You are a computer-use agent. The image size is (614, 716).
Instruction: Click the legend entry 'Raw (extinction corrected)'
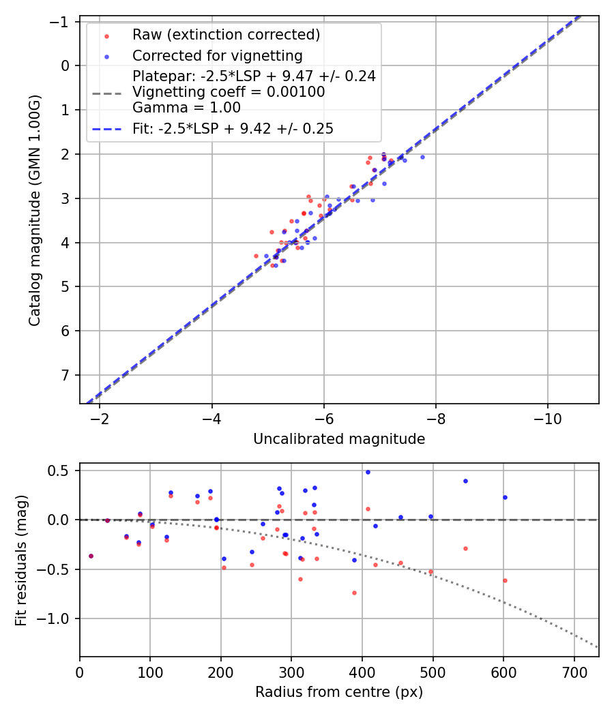[226, 35]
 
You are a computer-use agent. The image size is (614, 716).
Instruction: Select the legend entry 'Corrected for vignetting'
[217, 55]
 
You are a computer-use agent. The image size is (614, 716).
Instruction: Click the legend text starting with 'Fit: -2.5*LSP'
[233, 129]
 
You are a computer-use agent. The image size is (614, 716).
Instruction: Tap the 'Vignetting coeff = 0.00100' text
[229, 92]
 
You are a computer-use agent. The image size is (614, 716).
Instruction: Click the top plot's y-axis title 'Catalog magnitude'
[35, 210]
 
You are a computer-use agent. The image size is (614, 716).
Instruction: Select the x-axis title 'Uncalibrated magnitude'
[339, 439]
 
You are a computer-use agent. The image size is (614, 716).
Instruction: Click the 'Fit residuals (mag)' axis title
[21, 560]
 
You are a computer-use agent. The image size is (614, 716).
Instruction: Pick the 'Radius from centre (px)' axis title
[339, 692]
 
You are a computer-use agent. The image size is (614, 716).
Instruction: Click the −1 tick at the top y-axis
[63, 21]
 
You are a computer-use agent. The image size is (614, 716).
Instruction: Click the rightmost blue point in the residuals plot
[505, 497]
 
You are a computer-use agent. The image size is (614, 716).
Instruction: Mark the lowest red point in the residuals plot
[354, 593]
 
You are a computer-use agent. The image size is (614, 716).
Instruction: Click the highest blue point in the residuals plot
[368, 472]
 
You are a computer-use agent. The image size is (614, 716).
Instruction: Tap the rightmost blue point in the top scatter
[422, 157]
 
